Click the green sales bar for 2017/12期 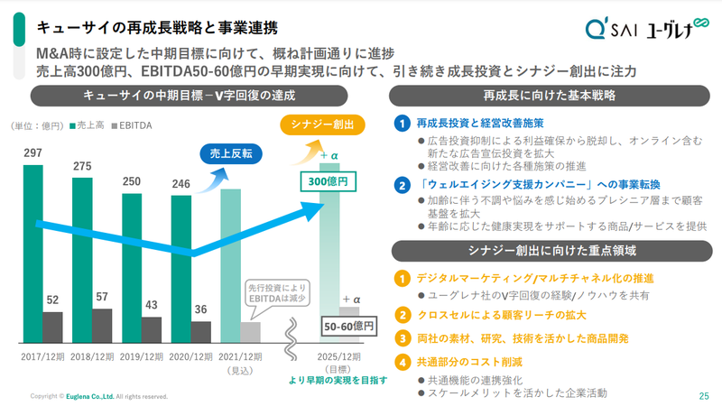point(32,253)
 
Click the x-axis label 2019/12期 point(142,357)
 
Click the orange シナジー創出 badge point(317,124)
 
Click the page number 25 point(704,395)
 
